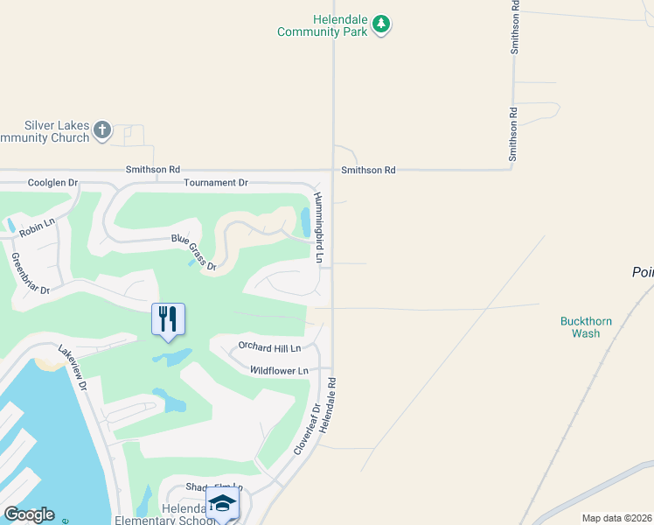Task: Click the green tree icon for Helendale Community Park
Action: pos(380,24)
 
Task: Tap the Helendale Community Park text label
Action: pos(324,25)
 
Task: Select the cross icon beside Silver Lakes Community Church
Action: pos(102,131)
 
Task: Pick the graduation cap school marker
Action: pos(222,503)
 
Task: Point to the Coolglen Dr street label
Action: pos(52,183)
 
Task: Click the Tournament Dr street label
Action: pos(216,183)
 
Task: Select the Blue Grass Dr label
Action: pos(193,253)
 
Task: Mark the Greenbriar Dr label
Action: pos(30,273)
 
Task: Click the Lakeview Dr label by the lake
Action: pos(73,367)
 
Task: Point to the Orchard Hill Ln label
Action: pos(275,348)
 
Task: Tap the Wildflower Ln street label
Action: pos(279,371)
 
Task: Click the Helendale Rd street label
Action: pos(328,408)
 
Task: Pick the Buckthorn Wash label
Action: pos(586,327)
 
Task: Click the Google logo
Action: pos(29,514)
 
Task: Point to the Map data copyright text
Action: pos(616,518)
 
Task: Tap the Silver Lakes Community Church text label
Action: pos(45,132)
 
